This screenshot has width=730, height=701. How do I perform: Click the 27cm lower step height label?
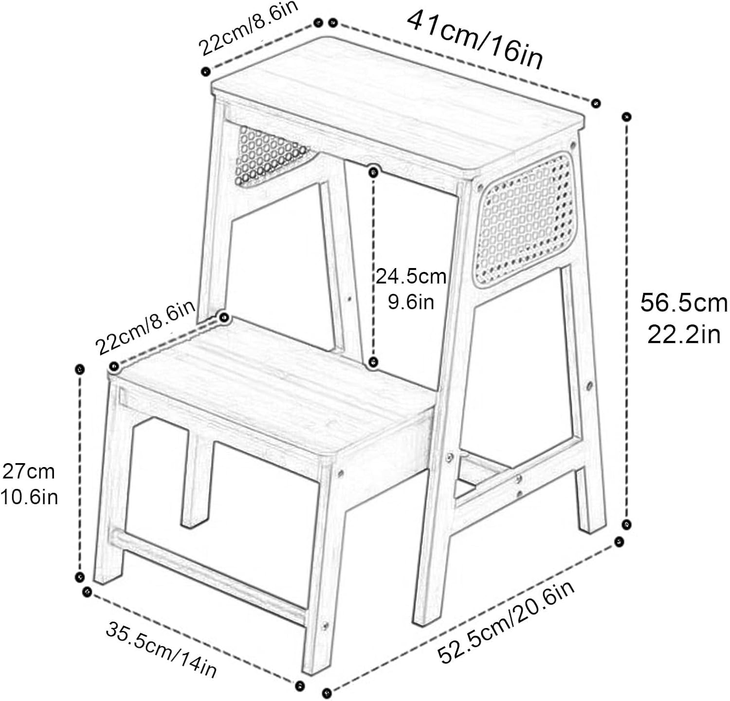tap(29, 471)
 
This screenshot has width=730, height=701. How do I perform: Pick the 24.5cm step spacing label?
tap(411, 276)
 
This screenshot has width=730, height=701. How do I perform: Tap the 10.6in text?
tap(29, 497)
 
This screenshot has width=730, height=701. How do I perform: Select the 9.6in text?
tap(411, 302)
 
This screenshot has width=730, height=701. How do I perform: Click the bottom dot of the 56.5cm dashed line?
tap(627, 524)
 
